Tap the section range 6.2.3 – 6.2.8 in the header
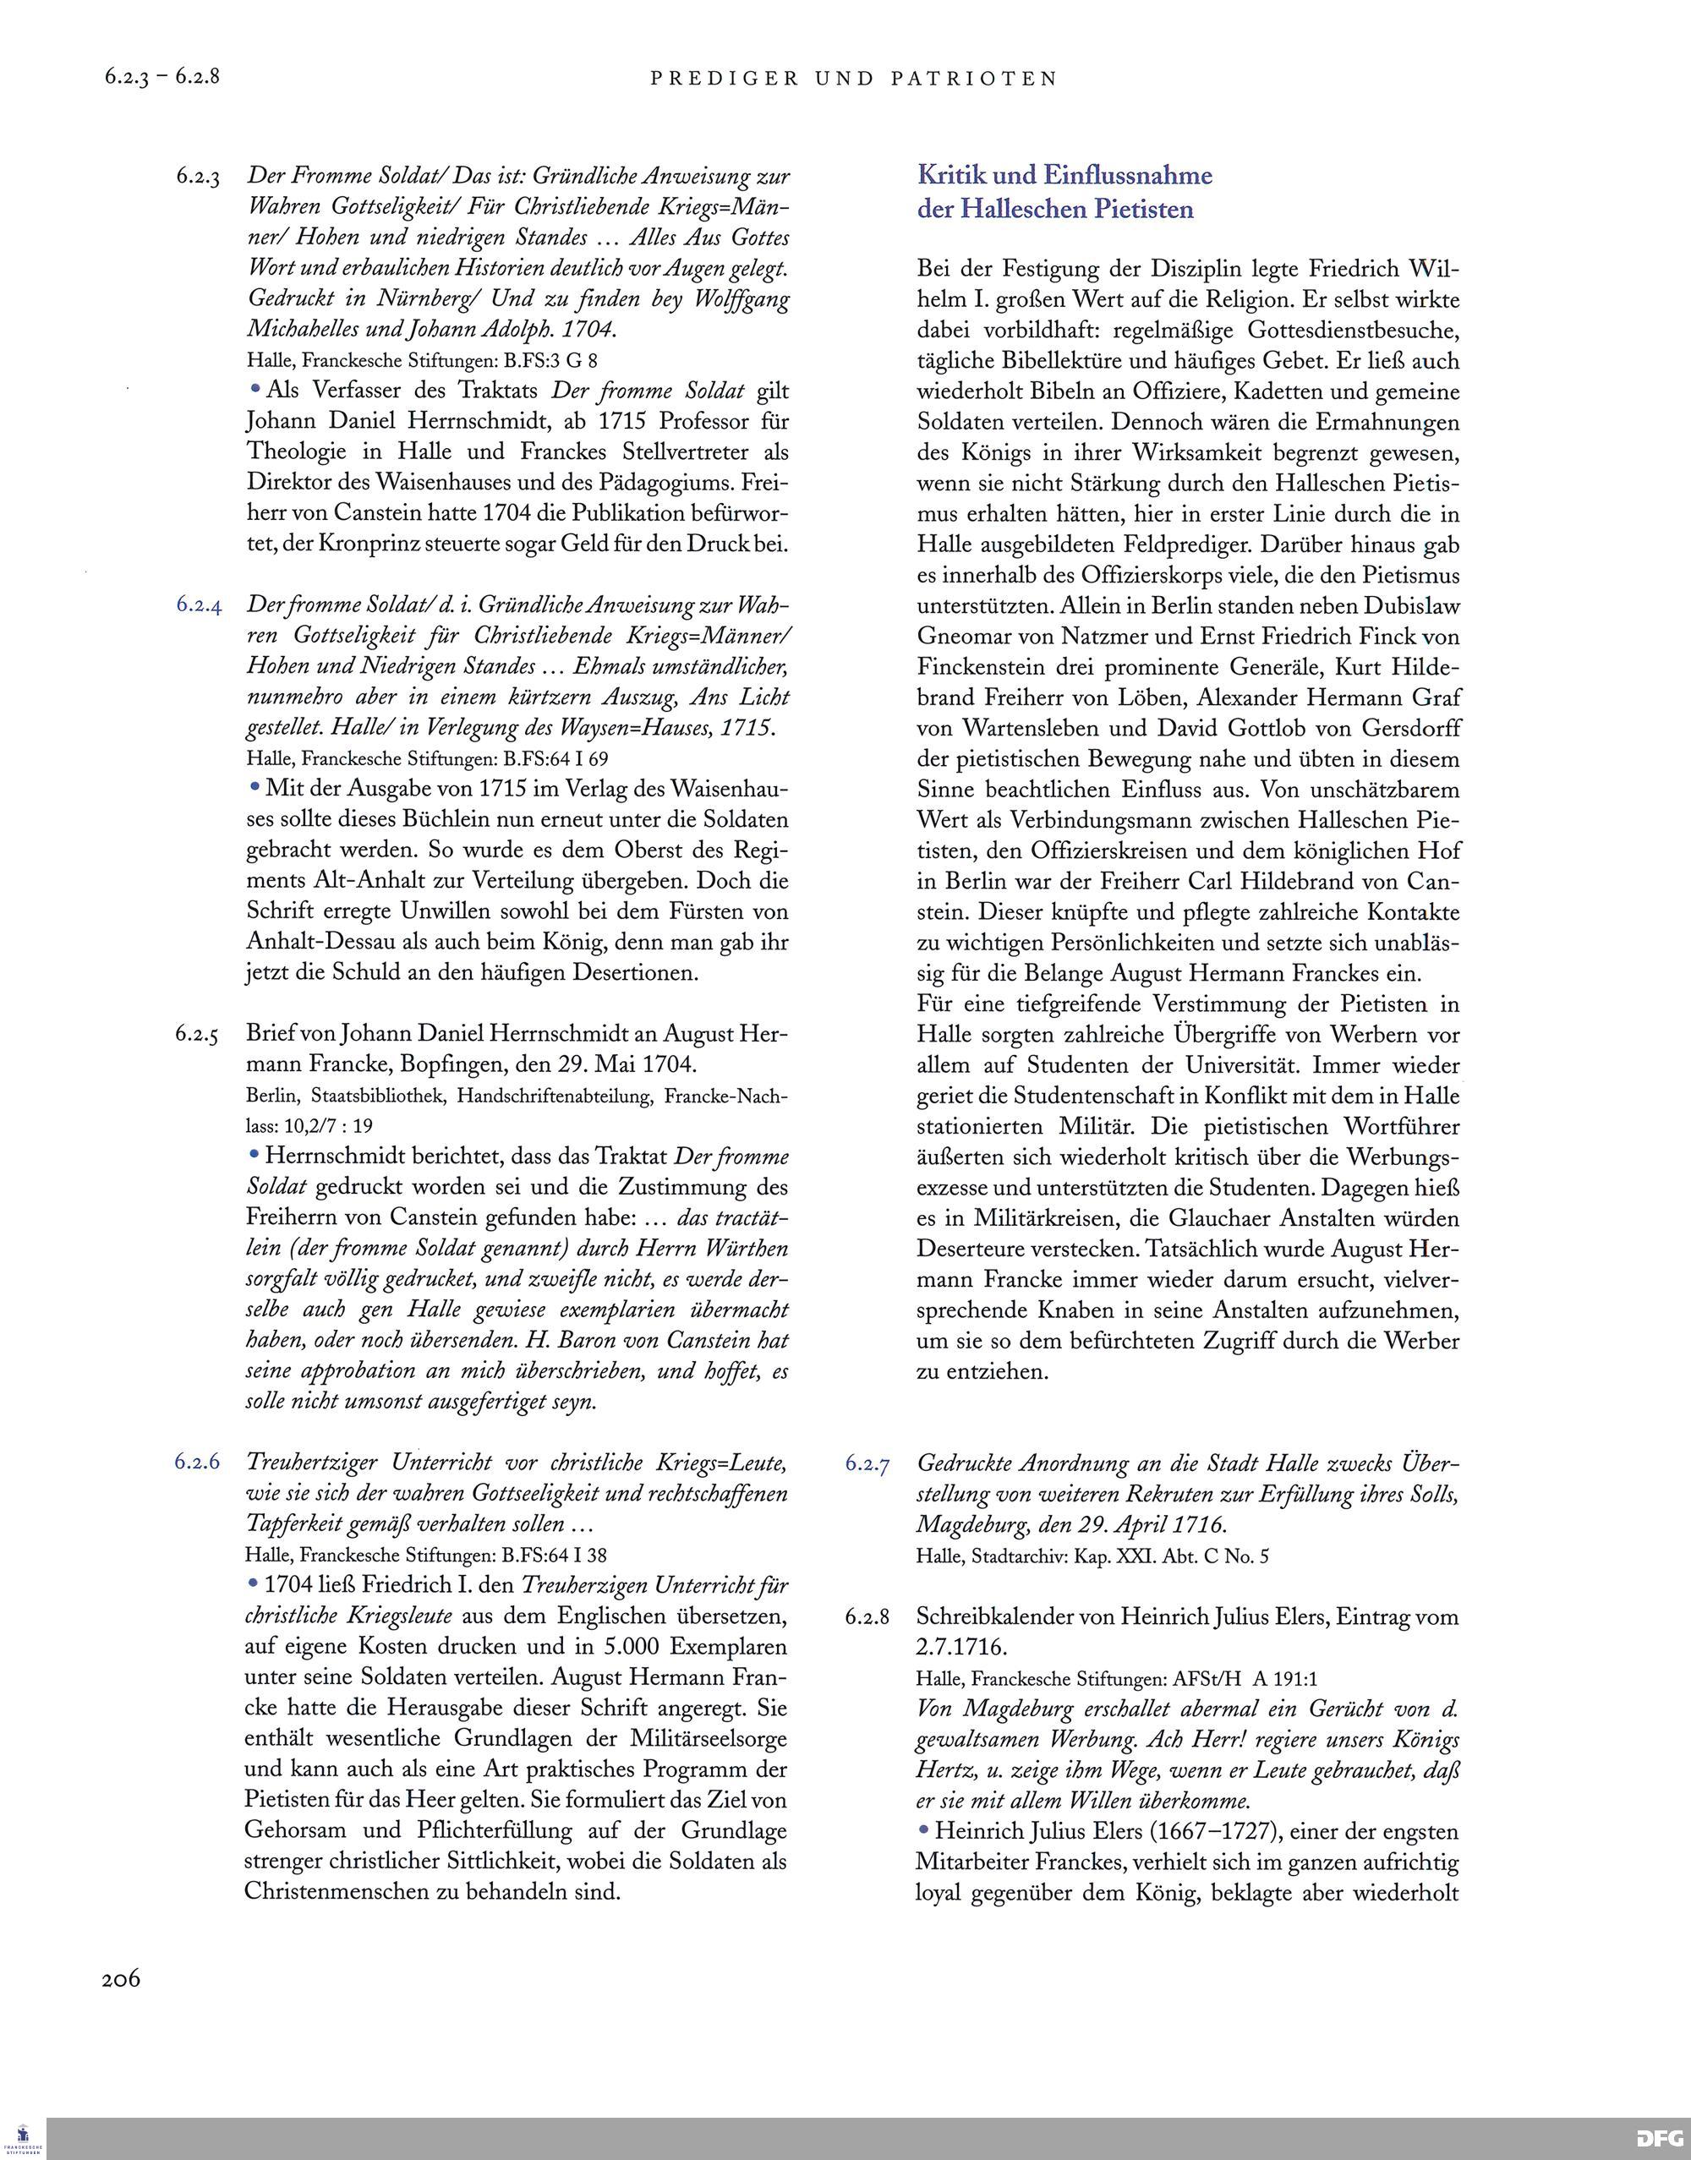[x=161, y=76]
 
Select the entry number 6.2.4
[x=198, y=604]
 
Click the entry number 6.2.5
[x=198, y=1035]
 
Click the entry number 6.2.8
[x=867, y=1617]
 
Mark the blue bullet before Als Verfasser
[x=255, y=389]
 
